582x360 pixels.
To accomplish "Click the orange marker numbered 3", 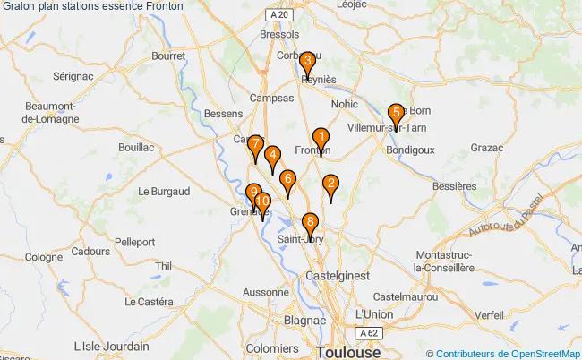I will (307, 62).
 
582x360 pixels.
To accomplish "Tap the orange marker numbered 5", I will (395, 114).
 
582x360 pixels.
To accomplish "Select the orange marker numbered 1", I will (320, 138).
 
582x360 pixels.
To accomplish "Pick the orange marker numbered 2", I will (330, 185).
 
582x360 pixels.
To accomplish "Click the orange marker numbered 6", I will (287, 180).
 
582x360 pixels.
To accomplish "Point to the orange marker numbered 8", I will (310, 223).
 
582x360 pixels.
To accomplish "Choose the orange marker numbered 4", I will (272, 156).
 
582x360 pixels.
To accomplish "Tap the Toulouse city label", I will (347, 351).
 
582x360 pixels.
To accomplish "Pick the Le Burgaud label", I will (164, 191).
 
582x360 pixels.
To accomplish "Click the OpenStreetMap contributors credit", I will (502, 353).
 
